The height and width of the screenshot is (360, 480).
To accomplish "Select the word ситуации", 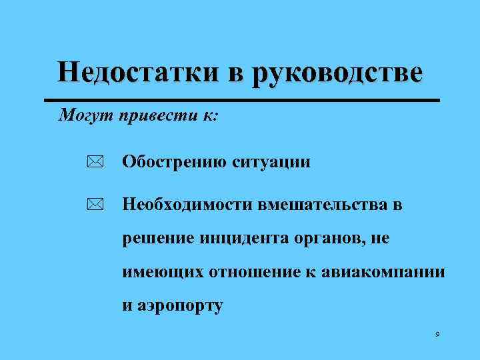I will [x=271, y=162].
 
